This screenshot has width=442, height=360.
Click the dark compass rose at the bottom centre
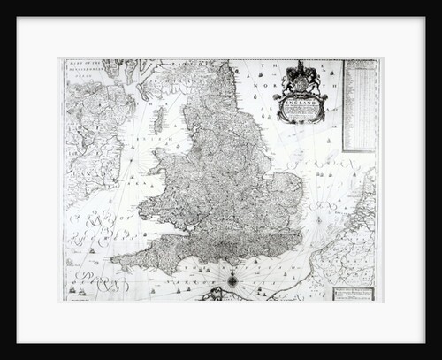232,281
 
